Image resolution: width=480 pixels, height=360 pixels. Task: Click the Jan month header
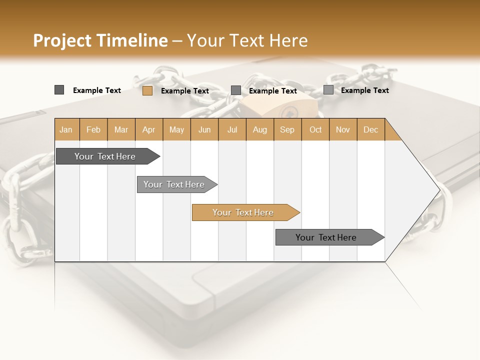pyautogui.click(x=66, y=129)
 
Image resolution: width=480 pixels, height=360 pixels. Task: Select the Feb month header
pyautogui.click(x=93, y=129)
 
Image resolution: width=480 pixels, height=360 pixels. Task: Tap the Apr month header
pyautogui.click(x=148, y=129)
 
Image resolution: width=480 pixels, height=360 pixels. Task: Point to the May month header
pyautogui.click(x=176, y=129)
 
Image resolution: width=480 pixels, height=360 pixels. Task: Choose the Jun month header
pyautogui.click(x=204, y=129)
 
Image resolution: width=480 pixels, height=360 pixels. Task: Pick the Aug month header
pyautogui.click(x=259, y=129)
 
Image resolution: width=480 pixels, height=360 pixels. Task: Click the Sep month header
pyautogui.click(x=287, y=129)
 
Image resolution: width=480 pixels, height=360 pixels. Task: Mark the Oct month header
pyautogui.click(x=315, y=129)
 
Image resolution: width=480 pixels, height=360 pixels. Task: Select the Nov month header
pyautogui.click(x=342, y=129)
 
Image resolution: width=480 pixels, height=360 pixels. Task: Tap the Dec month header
pyautogui.click(x=370, y=129)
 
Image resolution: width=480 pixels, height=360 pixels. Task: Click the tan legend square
pyautogui.click(x=147, y=90)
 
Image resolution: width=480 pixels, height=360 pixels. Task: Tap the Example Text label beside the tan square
pyautogui.click(x=185, y=91)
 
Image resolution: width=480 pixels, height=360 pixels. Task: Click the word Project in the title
pyautogui.click(x=62, y=40)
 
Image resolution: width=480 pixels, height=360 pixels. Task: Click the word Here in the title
pyautogui.click(x=288, y=40)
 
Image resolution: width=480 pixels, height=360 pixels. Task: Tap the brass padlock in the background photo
pyautogui.click(x=280, y=107)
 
